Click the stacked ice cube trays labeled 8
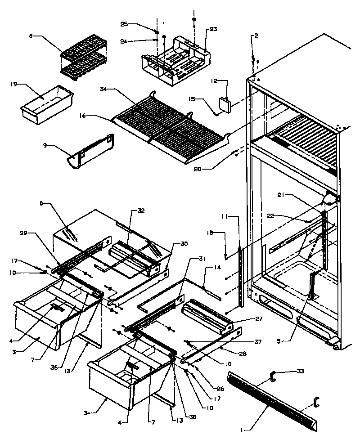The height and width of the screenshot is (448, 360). point(84,57)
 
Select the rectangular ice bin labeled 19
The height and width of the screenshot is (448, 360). point(46,103)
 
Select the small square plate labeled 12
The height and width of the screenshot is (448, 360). point(224,103)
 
